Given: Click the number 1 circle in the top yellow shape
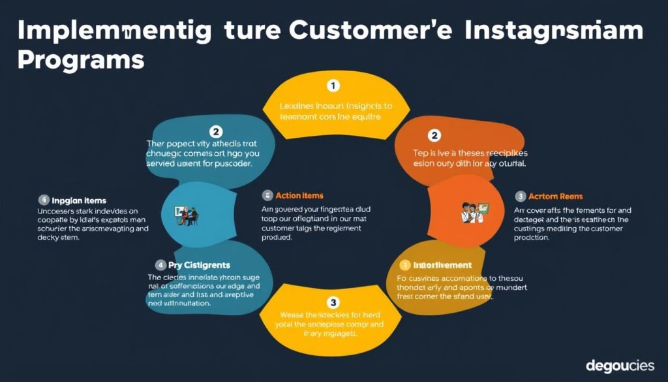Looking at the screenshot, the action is pos(333,86).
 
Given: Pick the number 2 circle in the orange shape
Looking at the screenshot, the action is pos(434,135).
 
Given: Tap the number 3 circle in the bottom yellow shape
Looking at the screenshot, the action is pos(333,302).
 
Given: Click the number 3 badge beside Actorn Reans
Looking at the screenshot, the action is pos(521,196).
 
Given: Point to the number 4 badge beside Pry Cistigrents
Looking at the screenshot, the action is pos(160,264).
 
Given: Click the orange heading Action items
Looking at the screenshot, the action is pos(299,195).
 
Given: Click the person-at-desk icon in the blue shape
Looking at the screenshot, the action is pos(184,214).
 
